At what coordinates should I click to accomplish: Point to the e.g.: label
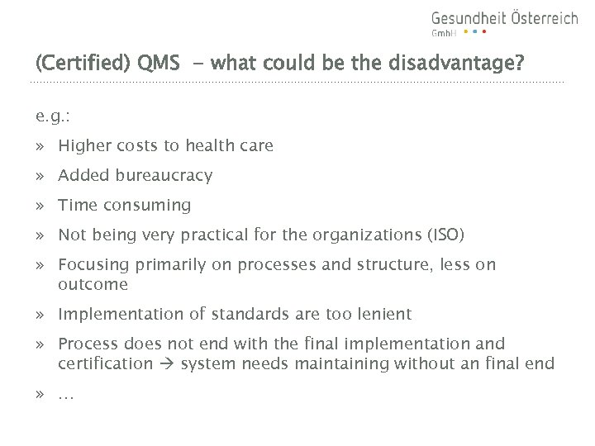click(x=52, y=116)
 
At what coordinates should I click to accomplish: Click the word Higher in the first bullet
click(x=83, y=146)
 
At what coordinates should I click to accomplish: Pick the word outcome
click(x=93, y=285)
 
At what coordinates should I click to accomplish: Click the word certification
click(x=106, y=364)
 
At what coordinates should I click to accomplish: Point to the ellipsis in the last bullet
click(x=66, y=394)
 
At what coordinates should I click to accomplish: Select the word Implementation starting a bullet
click(x=114, y=315)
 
